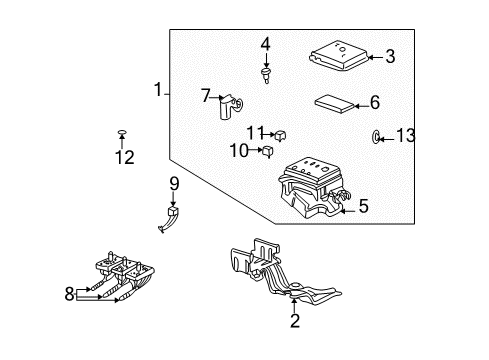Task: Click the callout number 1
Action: click(x=157, y=91)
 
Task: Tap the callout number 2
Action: click(x=295, y=320)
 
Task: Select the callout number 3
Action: click(x=391, y=57)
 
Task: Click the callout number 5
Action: click(x=363, y=206)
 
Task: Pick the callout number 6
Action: click(x=375, y=102)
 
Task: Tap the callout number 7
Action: click(x=206, y=96)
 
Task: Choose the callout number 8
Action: click(x=69, y=294)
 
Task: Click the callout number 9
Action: click(x=173, y=183)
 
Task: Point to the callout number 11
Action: click(x=256, y=131)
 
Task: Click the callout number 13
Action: click(x=404, y=136)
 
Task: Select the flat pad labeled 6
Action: click(x=334, y=103)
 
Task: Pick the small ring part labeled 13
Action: click(x=376, y=136)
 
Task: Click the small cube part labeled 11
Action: click(x=283, y=132)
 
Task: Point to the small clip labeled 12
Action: click(x=121, y=132)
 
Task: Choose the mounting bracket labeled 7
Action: click(x=229, y=105)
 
